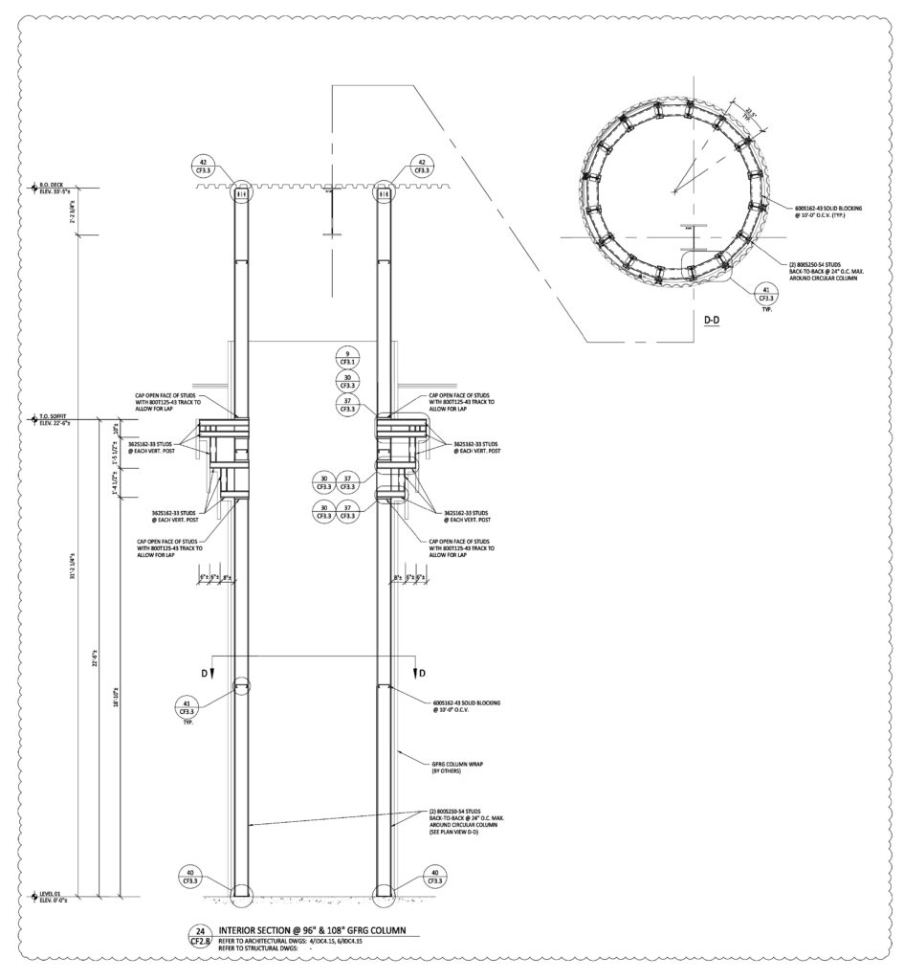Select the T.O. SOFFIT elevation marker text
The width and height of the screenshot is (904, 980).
(x=55, y=419)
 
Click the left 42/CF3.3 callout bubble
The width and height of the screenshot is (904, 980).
(x=202, y=166)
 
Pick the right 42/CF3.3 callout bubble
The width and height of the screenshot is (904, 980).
(x=418, y=166)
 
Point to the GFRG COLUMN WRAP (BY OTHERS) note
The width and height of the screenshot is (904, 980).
(x=457, y=766)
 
